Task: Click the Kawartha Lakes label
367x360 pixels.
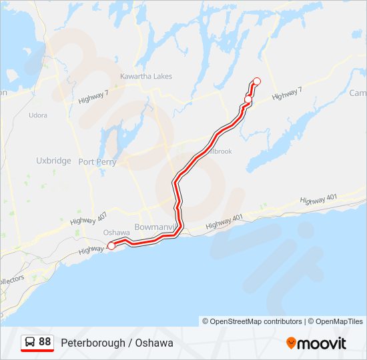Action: (x=145, y=77)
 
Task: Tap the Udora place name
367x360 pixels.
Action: (x=38, y=115)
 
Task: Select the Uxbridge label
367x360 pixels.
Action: (x=53, y=161)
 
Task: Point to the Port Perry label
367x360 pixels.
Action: (x=97, y=162)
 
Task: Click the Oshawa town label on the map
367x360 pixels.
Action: (x=117, y=233)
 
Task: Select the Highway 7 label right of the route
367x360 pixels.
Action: (x=288, y=95)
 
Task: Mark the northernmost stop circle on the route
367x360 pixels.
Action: (x=256, y=81)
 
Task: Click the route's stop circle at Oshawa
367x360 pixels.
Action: (x=111, y=246)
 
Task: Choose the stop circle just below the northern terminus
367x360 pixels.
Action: (x=248, y=100)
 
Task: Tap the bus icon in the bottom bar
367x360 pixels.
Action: (x=29, y=342)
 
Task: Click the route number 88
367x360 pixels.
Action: (x=45, y=342)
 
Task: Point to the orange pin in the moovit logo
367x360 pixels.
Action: (x=291, y=343)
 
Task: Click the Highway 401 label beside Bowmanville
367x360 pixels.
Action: (x=224, y=223)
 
